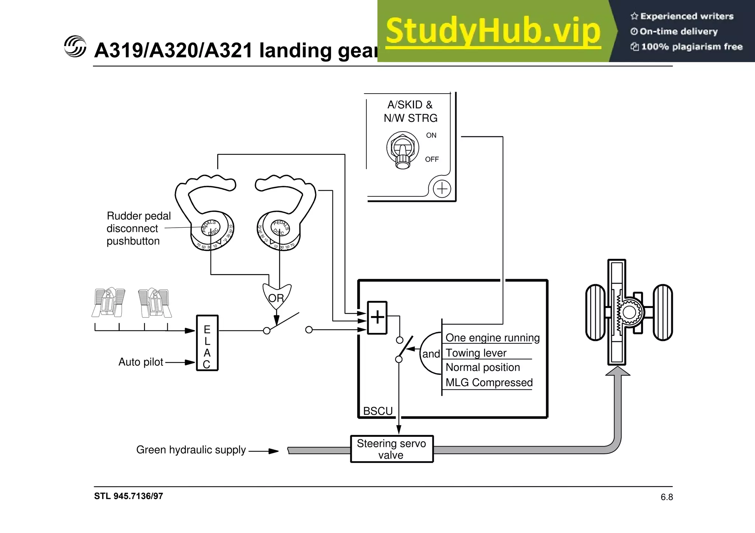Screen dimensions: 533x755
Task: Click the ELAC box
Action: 207,343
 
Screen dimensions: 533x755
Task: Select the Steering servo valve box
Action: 392,449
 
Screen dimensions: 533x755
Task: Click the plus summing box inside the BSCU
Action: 377,318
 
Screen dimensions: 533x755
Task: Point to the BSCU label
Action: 377,411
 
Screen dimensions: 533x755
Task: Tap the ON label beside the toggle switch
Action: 431,136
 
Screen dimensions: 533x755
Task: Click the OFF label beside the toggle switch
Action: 432,159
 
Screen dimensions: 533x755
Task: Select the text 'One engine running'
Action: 492,338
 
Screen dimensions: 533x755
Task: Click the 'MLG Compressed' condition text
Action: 489,383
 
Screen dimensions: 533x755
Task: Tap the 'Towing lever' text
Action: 476,353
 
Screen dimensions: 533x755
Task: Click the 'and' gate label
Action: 431,354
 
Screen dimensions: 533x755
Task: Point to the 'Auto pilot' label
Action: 140,362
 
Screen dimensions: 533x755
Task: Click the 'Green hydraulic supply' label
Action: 191,450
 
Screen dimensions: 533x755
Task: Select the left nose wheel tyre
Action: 595,312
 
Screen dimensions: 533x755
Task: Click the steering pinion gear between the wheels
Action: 629,312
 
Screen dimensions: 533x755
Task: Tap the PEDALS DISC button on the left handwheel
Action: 211,227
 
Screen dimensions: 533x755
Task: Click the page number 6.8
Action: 667,497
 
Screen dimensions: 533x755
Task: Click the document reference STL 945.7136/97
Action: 128,496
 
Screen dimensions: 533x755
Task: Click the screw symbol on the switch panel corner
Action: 442,189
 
